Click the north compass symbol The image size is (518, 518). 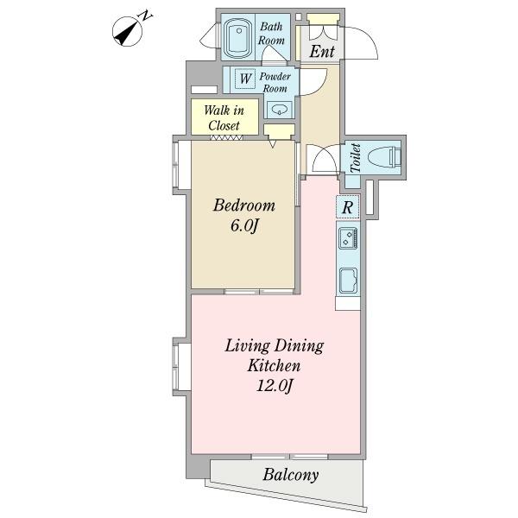click(x=128, y=32)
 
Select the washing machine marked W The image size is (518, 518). click(x=245, y=79)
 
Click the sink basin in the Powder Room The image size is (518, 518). click(x=280, y=110)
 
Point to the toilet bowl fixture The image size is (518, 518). click(x=383, y=156)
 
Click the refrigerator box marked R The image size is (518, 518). click(x=348, y=207)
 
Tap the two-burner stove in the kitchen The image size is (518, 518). click(x=348, y=238)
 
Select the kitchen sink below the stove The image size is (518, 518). click(x=348, y=281)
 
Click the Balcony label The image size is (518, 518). click(x=291, y=476)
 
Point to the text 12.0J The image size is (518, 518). click(x=275, y=386)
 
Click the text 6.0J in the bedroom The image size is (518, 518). click(x=243, y=226)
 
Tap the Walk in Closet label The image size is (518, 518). click(x=224, y=117)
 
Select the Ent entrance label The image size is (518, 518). click(x=322, y=51)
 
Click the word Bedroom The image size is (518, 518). click(x=244, y=205)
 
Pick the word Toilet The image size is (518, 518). click(x=356, y=158)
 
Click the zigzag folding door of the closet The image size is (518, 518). click(x=226, y=137)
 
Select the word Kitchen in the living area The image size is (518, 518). click(x=274, y=366)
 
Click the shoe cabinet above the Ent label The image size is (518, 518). click(x=323, y=18)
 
